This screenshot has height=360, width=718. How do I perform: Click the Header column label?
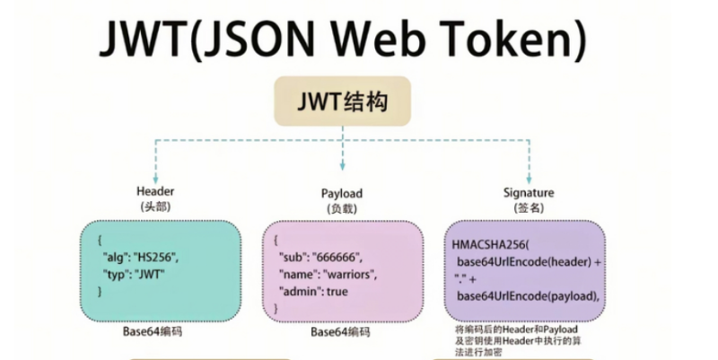coord(155,192)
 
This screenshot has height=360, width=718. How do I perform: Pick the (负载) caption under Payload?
coord(342,208)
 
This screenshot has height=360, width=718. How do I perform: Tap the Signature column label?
coord(530,192)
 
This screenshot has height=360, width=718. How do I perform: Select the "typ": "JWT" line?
coord(140,275)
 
